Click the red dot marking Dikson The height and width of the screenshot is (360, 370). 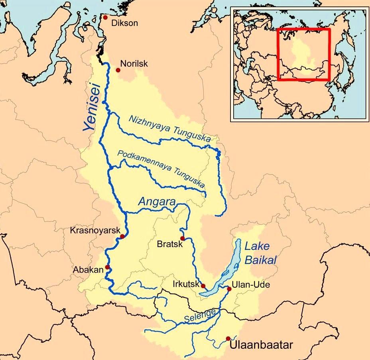[105, 18]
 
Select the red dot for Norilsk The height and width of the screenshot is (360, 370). [118, 70]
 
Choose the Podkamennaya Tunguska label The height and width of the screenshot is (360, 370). [162, 170]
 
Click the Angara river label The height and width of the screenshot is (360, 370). [157, 202]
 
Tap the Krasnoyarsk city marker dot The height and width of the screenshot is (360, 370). [122, 236]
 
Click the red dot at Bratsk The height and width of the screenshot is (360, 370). [182, 237]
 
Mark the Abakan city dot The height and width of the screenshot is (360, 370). [107, 267]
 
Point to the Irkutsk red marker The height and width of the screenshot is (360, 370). [203, 286]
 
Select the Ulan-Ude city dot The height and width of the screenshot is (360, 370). [229, 289]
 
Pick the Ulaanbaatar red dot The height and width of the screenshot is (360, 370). [228, 338]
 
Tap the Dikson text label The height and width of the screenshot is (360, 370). [125, 23]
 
